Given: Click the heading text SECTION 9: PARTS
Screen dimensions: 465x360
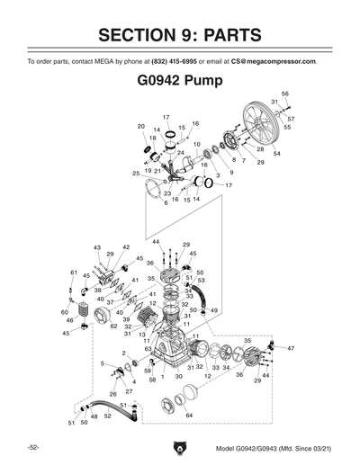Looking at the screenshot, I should click(x=180, y=35).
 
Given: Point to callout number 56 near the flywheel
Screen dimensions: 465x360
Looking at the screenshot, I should click(x=285, y=94).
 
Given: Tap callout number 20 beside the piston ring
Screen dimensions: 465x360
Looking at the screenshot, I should click(x=141, y=126).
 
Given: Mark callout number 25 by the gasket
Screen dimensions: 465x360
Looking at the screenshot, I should click(x=136, y=173).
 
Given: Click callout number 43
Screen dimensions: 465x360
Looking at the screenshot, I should click(x=96, y=246).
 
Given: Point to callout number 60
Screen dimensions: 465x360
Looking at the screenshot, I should click(x=65, y=312).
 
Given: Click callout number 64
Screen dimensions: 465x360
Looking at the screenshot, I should click(x=189, y=415).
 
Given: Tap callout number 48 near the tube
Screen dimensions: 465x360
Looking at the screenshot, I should click(x=94, y=417).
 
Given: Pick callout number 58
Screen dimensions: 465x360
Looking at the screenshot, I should click(x=152, y=380).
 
